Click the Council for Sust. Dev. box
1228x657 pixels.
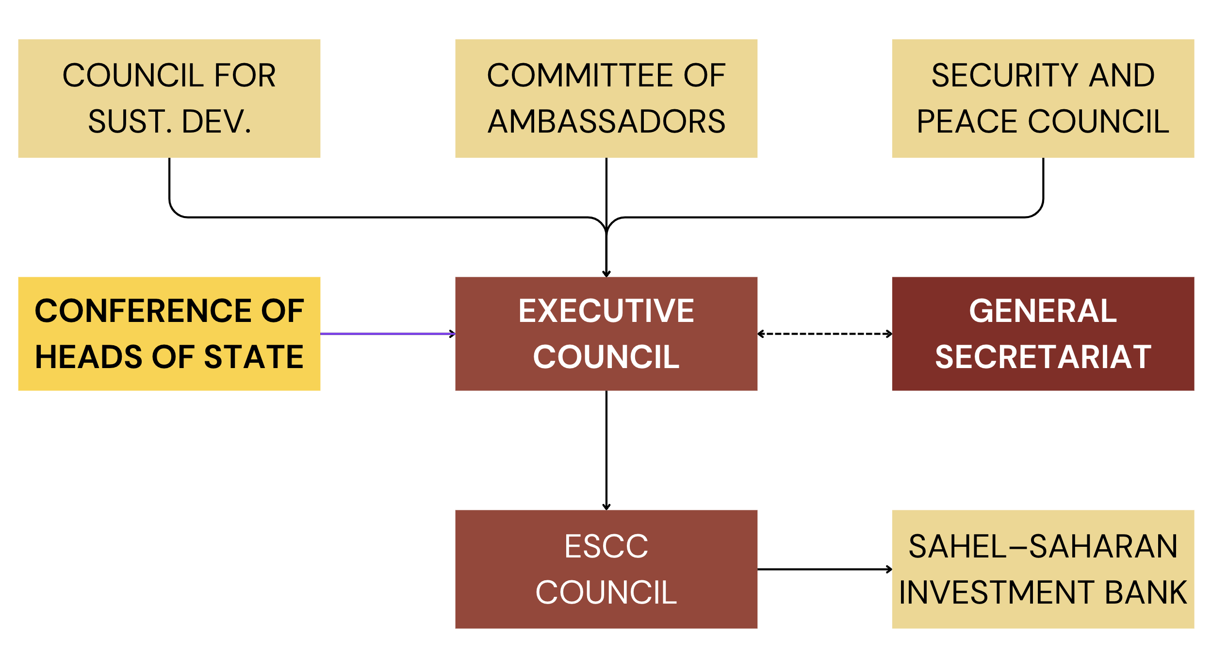169,98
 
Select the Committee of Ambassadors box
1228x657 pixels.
606,98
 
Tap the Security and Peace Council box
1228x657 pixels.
1043,98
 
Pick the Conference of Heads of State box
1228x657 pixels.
169,334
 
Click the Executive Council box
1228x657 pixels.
606,334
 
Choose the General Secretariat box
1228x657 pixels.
1043,334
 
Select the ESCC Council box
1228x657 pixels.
606,569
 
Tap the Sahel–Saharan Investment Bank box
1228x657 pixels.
1043,569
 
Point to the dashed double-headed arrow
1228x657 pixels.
824,334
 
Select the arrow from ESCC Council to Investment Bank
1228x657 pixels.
824,569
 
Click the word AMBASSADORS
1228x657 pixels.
606,121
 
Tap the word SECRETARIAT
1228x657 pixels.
1043,357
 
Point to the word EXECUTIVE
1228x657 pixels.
606,311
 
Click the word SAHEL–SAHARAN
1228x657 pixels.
1043,546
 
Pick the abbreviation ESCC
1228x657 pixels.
606,546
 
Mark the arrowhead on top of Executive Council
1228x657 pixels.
606,273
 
